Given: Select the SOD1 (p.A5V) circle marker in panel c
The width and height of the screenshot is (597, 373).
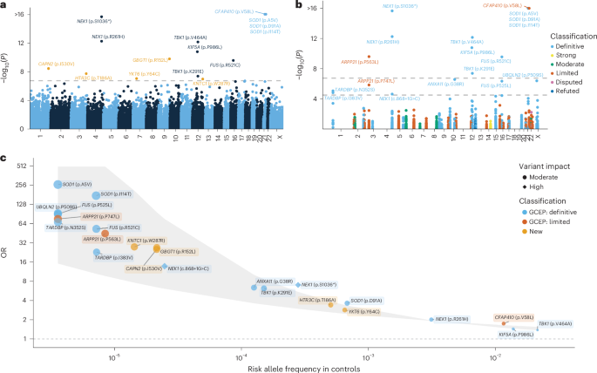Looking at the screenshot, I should point(58,185).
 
